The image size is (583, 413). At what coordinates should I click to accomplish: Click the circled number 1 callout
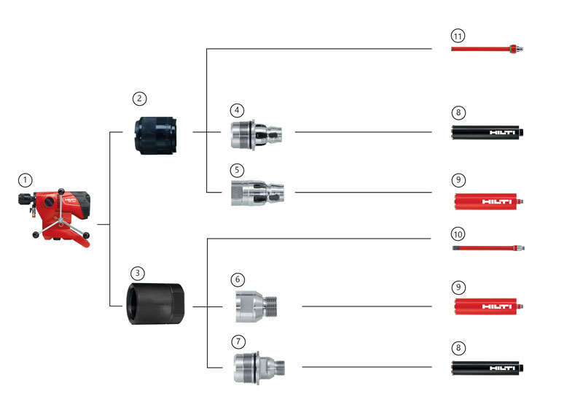(x=26, y=180)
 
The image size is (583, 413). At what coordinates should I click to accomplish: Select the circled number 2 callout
(x=140, y=98)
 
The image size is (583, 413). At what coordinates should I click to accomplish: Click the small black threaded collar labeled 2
(x=158, y=134)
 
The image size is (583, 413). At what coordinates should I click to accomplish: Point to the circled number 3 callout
(x=138, y=271)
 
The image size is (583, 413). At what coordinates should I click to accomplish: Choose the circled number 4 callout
(x=237, y=110)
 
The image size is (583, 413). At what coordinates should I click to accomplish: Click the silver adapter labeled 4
(x=257, y=134)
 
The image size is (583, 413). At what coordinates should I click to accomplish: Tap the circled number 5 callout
(x=237, y=170)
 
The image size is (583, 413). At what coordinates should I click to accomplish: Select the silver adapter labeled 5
(x=257, y=193)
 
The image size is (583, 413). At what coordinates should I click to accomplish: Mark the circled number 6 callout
(x=238, y=279)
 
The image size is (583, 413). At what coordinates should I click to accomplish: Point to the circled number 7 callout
(x=238, y=341)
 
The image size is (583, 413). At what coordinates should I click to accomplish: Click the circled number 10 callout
(x=458, y=234)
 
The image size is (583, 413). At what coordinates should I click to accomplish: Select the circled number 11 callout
(x=458, y=35)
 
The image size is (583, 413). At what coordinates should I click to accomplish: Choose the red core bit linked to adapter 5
(x=488, y=200)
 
